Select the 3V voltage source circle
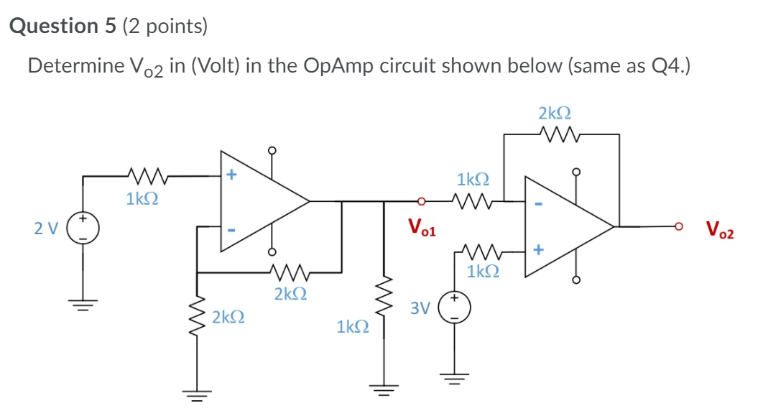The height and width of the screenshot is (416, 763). point(455,307)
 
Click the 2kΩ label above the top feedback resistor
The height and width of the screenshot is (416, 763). point(555,113)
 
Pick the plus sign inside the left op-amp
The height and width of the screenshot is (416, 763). point(231,174)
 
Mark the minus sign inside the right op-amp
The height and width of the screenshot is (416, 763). point(537,205)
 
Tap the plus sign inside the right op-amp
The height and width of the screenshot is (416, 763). point(537,249)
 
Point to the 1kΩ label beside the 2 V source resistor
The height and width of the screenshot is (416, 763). point(142,198)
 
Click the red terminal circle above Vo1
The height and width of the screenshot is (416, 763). point(422,202)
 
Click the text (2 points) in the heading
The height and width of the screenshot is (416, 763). point(165,27)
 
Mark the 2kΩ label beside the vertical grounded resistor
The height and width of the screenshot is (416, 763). point(228,316)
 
